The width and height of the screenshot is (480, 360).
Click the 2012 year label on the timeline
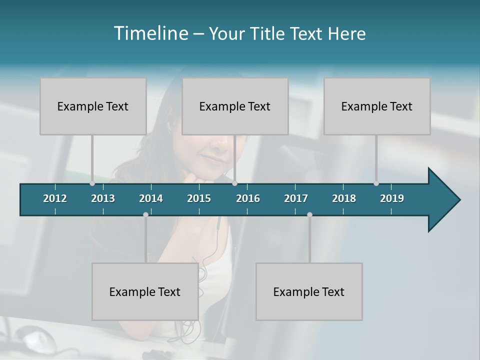pos(55,198)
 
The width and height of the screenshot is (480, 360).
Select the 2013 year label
pos(103,198)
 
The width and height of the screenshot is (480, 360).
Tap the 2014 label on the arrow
pos(151,198)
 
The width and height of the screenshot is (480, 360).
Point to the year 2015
pos(199,198)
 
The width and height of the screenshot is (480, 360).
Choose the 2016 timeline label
pos(248,198)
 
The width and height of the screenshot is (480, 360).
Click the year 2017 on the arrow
pos(296,198)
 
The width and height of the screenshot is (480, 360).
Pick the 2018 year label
pos(344,198)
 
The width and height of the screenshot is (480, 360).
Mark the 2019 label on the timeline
pos(392,198)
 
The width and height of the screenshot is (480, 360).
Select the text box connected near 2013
pos(93,106)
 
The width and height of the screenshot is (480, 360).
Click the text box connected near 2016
pos(235,106)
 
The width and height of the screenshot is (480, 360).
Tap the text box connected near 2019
pos(377,106)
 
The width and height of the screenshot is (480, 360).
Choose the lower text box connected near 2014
pos(145,291)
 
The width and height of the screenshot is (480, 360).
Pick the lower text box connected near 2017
pos(309,291)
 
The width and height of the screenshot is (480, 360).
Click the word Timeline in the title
pos(150,33)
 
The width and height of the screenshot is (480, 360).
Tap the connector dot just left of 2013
pos(92,183)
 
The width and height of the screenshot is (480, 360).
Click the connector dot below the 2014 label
pos(145,215)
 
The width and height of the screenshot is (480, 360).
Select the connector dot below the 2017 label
pos(309,215)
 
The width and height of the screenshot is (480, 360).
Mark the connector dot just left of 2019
pos(376,183)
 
